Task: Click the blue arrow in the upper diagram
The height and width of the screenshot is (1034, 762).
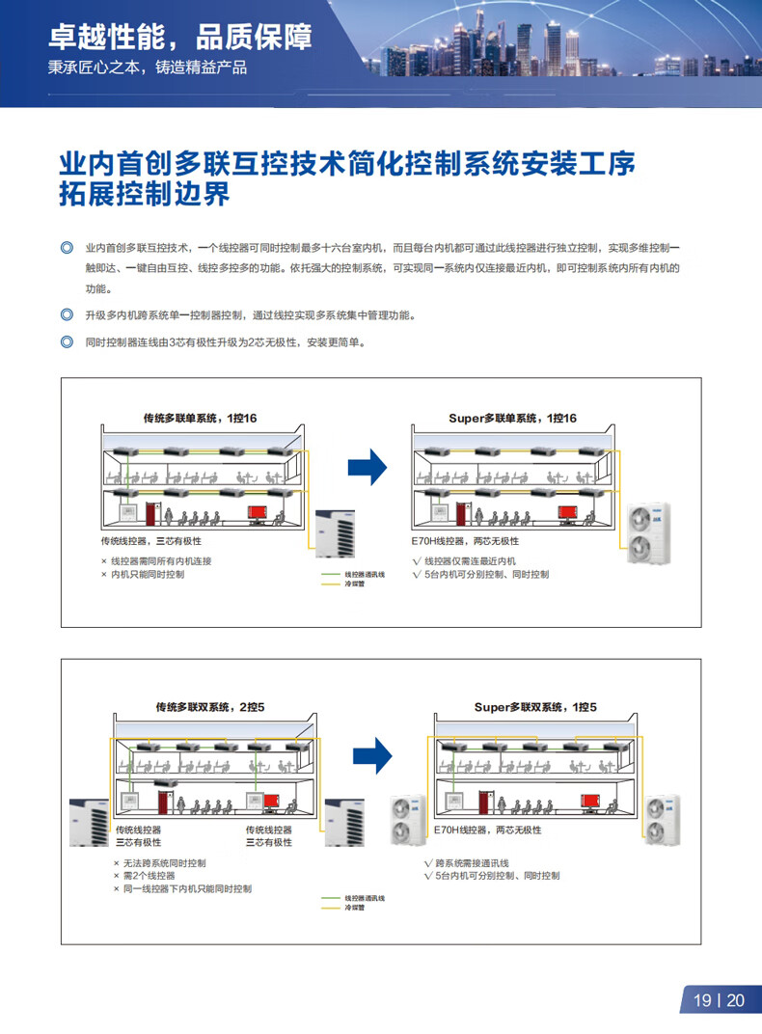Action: (367, 467)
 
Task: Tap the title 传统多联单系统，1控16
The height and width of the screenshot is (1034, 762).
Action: (201, 418)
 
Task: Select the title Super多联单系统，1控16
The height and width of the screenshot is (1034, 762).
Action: (512, 418)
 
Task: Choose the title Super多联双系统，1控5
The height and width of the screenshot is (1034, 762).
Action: (535, 707)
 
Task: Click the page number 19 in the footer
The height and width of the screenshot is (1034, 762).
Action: (702, 1001)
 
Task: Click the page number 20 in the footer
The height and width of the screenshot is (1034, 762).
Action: (736, 1001)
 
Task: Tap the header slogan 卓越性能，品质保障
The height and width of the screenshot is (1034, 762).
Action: (180, 38)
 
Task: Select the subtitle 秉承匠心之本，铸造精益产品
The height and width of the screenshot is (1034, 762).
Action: (148, 68)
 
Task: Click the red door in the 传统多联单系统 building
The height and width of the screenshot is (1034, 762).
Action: (150, 512)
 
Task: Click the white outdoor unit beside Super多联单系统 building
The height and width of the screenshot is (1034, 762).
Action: (648, 531)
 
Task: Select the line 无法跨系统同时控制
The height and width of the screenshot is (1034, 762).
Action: (164, 862)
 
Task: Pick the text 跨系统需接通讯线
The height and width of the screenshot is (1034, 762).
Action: (473, 862)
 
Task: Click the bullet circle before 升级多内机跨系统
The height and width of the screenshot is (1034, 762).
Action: (67, 314)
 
